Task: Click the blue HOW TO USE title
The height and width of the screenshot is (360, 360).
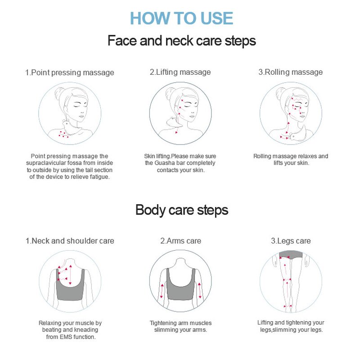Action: (181, 18)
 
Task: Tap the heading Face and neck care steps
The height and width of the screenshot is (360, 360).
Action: (182, 41)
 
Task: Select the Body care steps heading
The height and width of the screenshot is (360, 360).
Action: (182, 210)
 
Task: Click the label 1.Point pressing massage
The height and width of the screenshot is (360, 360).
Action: (70, 72)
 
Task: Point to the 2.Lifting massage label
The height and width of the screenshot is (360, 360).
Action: (180, 72)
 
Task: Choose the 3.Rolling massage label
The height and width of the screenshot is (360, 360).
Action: (290, 72)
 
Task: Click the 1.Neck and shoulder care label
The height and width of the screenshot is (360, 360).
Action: (70, 241)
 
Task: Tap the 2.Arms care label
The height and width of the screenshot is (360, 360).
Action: (181, 241)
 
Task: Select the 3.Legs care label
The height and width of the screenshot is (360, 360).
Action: (291, 241)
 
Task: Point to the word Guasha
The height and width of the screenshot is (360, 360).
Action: (165, 163)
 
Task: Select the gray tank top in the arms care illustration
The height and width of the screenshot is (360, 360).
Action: (181, 284)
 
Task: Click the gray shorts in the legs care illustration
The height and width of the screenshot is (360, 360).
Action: (291, 255)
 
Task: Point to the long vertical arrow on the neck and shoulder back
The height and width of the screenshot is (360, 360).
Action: (70, 275)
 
